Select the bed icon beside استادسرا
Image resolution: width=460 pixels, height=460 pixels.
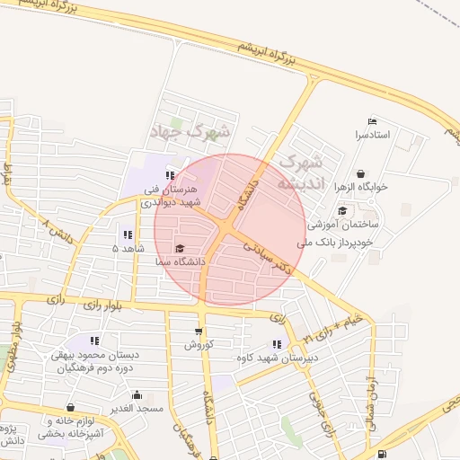[373, 122]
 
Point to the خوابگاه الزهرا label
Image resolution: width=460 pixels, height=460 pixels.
[360, 187]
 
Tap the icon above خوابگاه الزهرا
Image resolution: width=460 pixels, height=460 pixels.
[360, 174]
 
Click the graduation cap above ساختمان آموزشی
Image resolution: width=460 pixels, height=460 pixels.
[341, 211]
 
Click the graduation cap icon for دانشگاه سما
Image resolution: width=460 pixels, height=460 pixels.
[179, 249]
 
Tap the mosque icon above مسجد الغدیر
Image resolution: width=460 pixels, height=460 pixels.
[137, 394]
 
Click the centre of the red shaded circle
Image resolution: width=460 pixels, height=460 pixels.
[229, 229]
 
